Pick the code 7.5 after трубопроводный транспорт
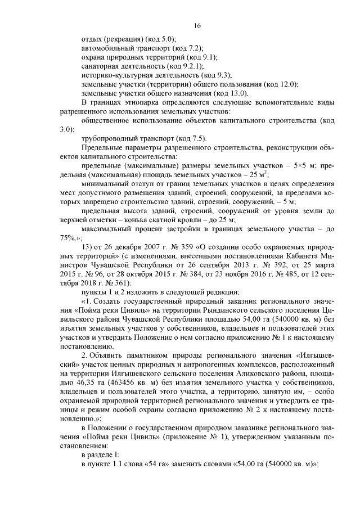coord(197,138)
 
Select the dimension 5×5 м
coord(302,165)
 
